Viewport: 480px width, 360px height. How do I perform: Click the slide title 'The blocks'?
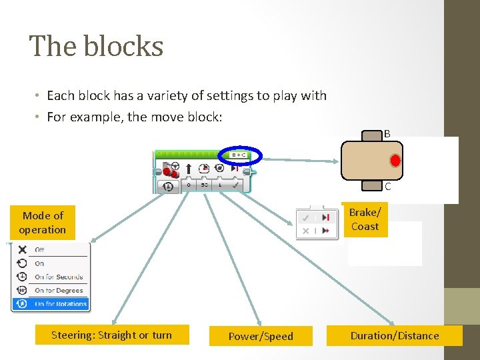click(x=97, y=47)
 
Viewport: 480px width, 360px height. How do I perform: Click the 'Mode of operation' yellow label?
click(x=43, y=223)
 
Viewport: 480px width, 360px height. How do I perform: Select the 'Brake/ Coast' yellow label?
click(x=365, y=219)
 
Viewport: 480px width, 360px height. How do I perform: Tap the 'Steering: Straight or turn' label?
click(x=111, y=335)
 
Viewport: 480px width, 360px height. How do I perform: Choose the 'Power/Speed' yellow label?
click(x=261, y=336)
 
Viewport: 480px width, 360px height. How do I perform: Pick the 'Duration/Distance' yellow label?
click(x=395, y=335)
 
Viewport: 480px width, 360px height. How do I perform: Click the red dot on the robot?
click(x=395, y=161)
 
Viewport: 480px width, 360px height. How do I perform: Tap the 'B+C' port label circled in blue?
click(x=239, y=155)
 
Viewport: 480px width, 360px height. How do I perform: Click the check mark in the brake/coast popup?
click(x=306, y=217)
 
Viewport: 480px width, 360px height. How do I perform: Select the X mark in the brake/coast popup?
click(x=306, y=231)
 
